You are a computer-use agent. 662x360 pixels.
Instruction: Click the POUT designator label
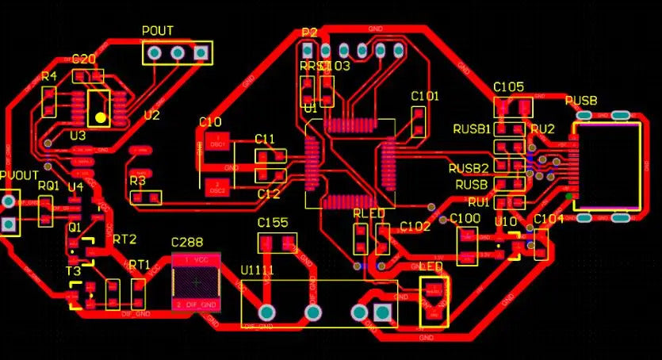point(157,31)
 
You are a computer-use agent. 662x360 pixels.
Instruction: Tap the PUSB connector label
point(581,101)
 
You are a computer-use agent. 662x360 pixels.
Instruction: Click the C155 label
point(273,223)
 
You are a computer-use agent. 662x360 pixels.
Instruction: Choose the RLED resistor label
point(369,213)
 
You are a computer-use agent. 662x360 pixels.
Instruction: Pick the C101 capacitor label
point(425,96)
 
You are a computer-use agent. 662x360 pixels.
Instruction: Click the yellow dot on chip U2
point(100,118)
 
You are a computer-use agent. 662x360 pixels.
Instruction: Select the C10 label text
point(210,122)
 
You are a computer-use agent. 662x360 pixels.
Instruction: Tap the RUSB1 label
point(472,128)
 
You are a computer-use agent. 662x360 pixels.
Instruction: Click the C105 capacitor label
point(508,86)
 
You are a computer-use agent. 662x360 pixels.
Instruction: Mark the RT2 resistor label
point(124,239)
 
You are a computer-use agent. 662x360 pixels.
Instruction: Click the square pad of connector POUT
point(201,53)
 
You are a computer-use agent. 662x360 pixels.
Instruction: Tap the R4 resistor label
point(48,76)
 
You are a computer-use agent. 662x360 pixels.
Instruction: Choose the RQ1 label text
point(48,185)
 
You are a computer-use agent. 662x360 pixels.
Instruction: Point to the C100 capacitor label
point(465,218)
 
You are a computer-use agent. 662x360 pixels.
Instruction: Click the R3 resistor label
point(137,181)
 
